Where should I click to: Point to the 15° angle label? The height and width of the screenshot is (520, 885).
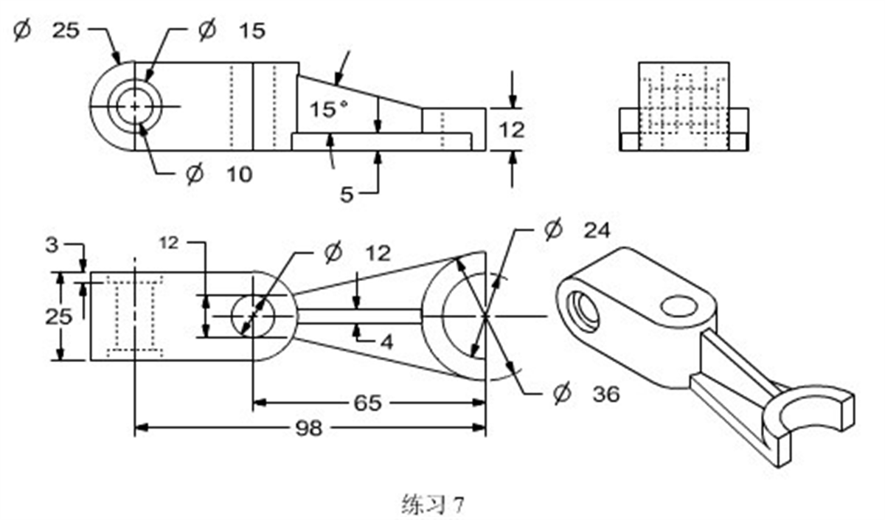tap(328, 110)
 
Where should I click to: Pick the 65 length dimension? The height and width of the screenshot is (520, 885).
tap(367, 403)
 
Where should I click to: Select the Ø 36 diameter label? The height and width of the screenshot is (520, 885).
tap(586, 394)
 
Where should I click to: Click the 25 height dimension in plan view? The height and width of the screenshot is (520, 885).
tap(58, 316)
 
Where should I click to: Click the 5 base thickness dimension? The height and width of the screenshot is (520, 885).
tap(347, 194)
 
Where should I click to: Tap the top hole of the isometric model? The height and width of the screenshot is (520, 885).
tap(678, 305)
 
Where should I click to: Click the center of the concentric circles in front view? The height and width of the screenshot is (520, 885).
tap(135, 106)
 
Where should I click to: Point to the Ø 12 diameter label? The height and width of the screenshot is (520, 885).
tap(357, 252)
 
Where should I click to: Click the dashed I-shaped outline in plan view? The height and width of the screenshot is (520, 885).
tap(135, 316)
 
